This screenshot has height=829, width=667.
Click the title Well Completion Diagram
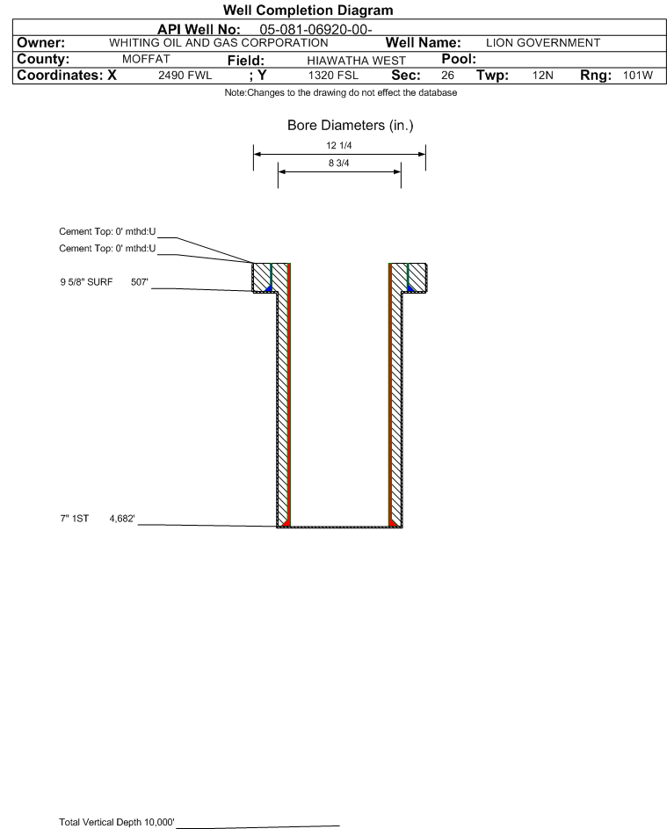[x=308, y=10]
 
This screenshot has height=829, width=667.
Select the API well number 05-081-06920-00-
[x=315, y=30]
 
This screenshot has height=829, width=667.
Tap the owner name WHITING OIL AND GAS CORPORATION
[x=218, y=43]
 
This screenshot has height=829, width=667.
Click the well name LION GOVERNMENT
[x=543, y=43]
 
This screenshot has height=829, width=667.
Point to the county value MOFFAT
[x=146, y=59]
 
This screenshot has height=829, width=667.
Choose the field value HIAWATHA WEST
[x=356, y=61]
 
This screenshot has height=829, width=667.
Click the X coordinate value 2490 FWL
[x=185, y=76]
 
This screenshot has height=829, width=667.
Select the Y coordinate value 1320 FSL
[x=333, y=76]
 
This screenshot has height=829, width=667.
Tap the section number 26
[x=447, y=76]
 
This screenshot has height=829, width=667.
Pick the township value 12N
[x=543, y=76]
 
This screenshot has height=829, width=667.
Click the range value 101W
[x=638, y=76]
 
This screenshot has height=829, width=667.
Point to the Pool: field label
[x=459, y=59]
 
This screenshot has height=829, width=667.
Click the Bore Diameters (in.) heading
[x=351, y=126]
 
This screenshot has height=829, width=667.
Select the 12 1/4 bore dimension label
[x=339, y=145]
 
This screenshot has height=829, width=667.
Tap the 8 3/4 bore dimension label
[x=339, y=163]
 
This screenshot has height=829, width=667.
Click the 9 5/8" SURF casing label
[x=86, y=282]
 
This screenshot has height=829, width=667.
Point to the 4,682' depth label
[x=122, y=519]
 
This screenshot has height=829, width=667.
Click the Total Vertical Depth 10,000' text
[x=117, y=822]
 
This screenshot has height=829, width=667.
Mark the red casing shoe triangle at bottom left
[x=286, y=523]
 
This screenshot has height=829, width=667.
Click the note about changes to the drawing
[x=341, y=93]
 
